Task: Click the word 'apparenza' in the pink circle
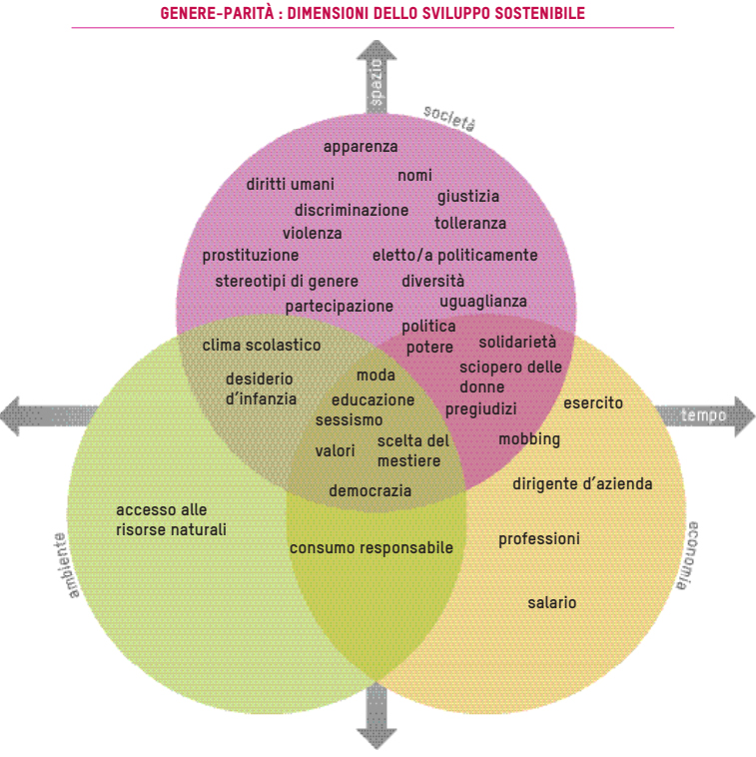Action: click(x=361, y=147)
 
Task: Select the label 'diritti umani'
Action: click(x=291, y=184)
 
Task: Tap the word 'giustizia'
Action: click(x=468, y=197)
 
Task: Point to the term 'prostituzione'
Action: click(x=251, y=256)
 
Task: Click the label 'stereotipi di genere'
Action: click(x=287, y=281)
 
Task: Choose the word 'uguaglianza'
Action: click(x=483, y=301)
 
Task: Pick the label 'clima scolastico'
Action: click(x=262, y=346)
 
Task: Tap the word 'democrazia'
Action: click(x=370, y=491)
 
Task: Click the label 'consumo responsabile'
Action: click(x=372, y=548)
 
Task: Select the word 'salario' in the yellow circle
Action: click(x=552, y=603)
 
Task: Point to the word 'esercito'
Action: click(x=593, y=403)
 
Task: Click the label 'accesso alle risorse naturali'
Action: click(x=171, y=519)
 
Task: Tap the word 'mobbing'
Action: click(x=529, y=439)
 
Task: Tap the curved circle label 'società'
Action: click(x=448, y=119)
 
